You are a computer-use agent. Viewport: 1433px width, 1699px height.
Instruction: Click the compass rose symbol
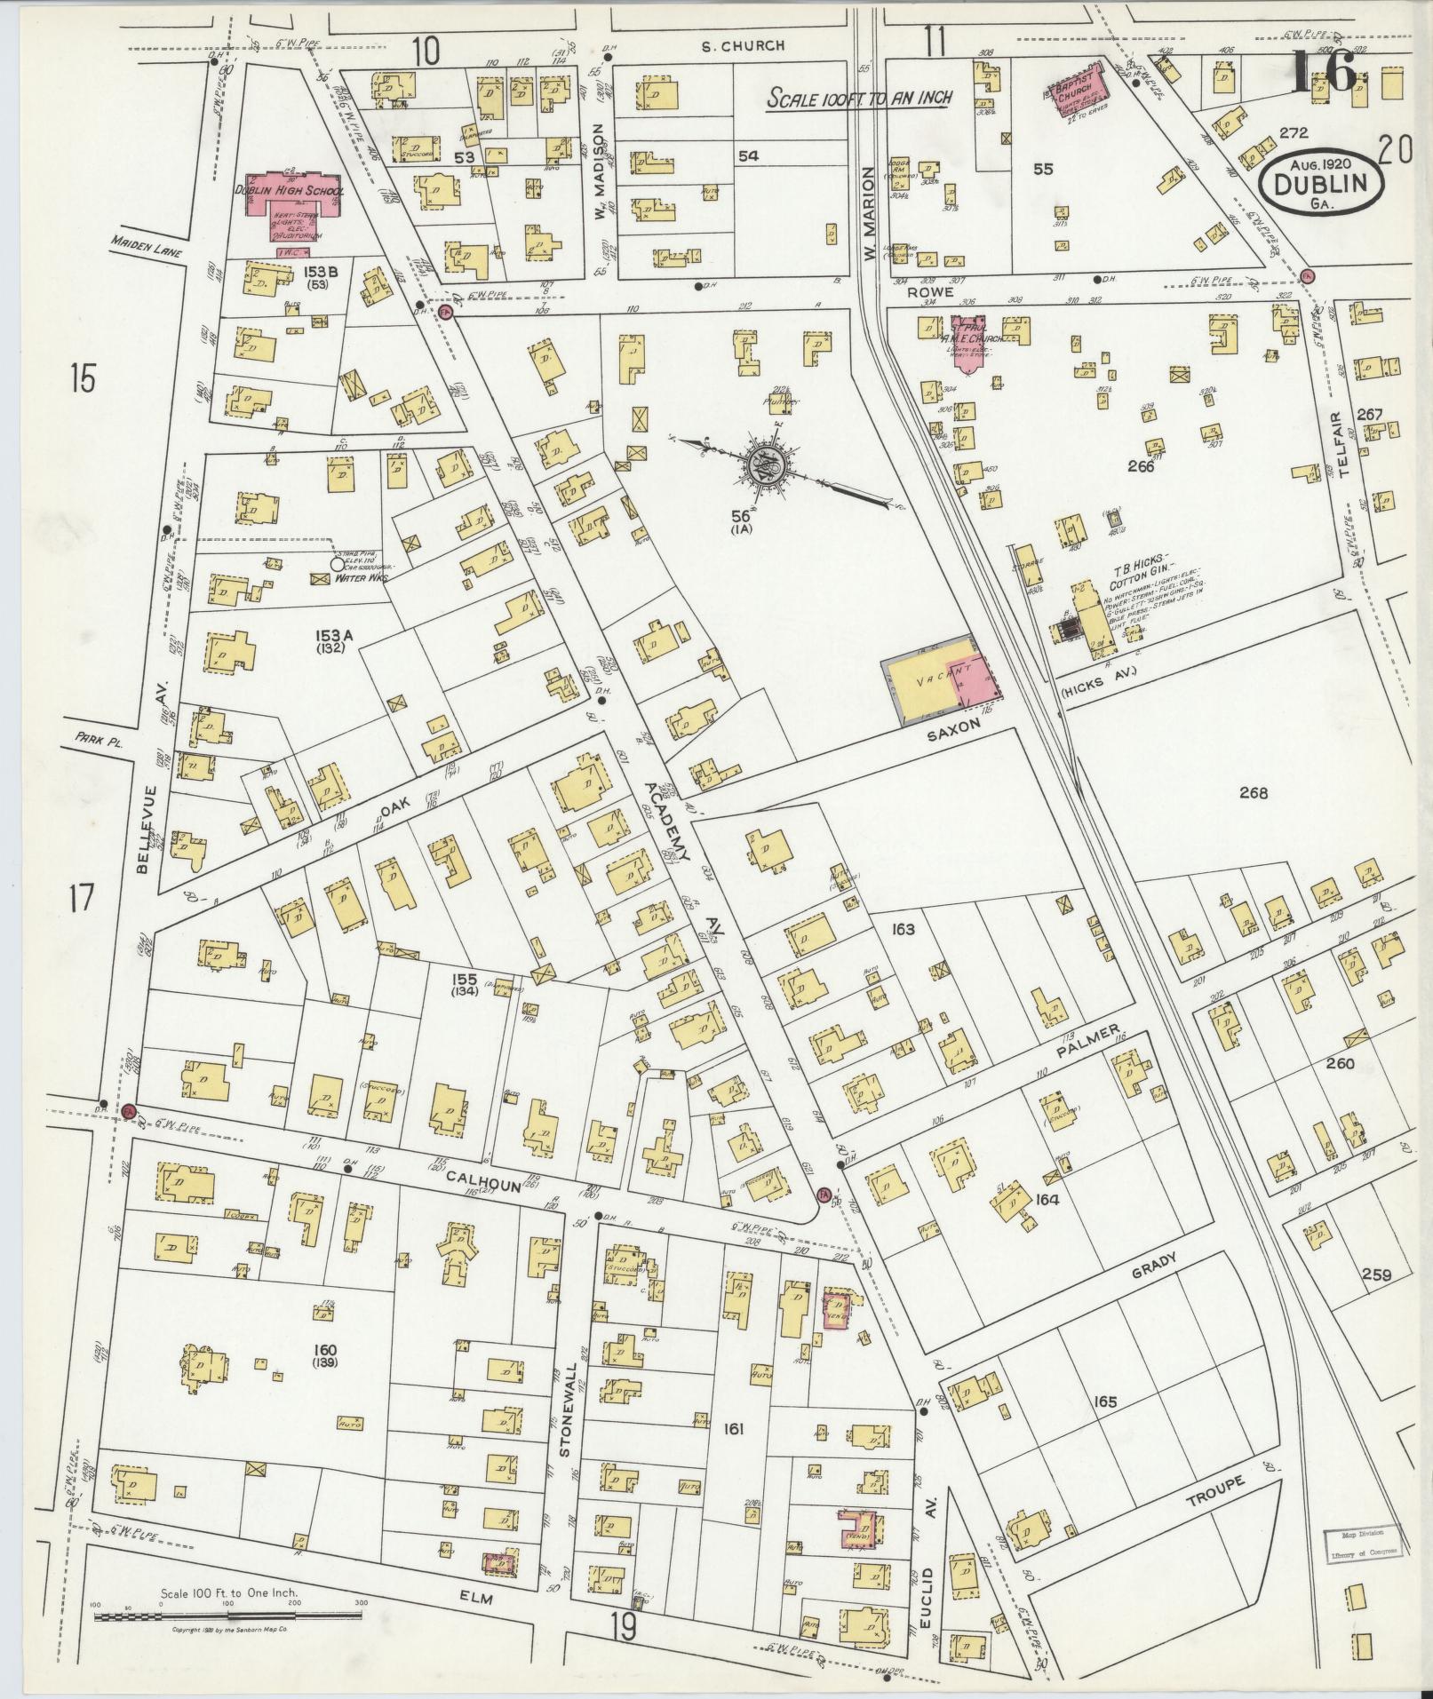coord(763,465)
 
